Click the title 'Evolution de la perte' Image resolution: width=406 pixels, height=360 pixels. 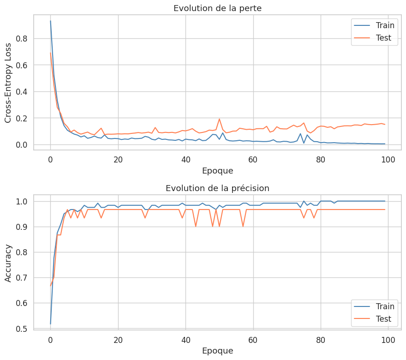click(x=217, y=8)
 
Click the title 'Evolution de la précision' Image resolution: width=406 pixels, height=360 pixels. click(x=217, y=188)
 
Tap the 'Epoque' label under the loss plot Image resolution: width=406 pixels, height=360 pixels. click(x=217, y=171)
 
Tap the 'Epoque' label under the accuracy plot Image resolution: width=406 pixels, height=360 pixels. click(x=217, y=351)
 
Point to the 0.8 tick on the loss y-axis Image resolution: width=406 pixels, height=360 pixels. click(x=22, y=39)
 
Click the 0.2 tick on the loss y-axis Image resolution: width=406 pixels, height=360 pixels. click(x=22, y=118)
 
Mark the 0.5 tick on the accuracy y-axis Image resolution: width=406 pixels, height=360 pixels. click(x=22, y=329)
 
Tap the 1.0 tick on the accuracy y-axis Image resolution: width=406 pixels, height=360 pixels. click(x=22, y=201)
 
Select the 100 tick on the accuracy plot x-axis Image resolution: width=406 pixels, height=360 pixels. click(x=388, y=339)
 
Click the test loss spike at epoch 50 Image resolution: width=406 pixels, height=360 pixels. click(x=219, y=119)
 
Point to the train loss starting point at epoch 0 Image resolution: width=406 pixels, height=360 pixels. click(x=50, y=21)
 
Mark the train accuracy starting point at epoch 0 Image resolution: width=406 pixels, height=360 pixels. click(x=50, y=324)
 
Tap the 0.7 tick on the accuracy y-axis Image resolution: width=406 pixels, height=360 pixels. click(x=22, y=278)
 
